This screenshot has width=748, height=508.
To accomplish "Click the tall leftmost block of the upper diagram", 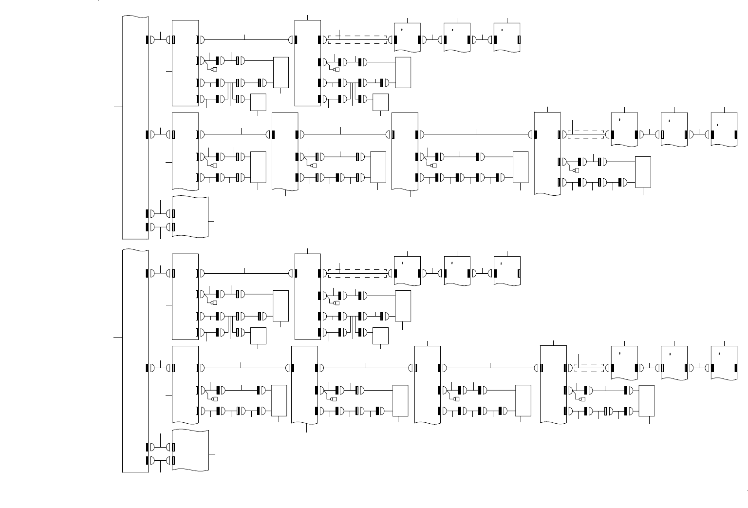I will [135, 127].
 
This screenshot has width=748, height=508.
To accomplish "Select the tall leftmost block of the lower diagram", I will [135, 360].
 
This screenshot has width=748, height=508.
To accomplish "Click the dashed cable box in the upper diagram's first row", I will [357, 39].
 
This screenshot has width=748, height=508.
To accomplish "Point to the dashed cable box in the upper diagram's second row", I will [586, 134].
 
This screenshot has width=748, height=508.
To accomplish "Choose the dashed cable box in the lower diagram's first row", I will [357, 273].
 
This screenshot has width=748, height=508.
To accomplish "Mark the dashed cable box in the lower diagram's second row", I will [589, 368].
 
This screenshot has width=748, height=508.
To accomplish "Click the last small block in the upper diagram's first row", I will [507, 37].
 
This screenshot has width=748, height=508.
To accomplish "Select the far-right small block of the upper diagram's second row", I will [724, 130].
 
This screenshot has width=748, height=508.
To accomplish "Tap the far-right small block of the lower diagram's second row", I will [724, 363].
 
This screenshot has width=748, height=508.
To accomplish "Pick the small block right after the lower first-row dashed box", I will [407, 270].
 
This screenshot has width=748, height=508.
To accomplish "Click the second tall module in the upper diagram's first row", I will [308, 63].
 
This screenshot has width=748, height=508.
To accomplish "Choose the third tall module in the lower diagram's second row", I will [428, 385].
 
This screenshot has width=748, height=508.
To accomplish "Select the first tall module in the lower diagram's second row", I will [185, 385].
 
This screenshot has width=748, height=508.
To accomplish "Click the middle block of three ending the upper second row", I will [674, 130].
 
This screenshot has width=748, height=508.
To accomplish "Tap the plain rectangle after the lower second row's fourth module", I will [646, 400].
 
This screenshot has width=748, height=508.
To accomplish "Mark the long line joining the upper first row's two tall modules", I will [246, 39].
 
